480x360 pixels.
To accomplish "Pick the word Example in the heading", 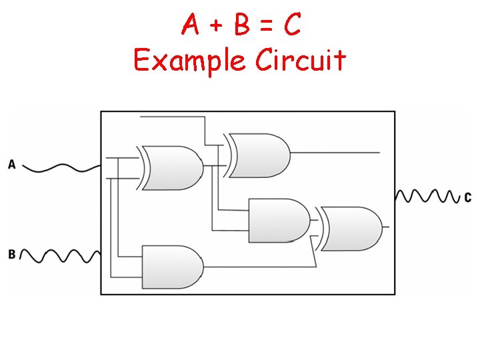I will [x=189, y=61].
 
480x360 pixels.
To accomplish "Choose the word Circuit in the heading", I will [x=301, y=60].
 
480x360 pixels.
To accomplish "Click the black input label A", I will [x=12, y=164].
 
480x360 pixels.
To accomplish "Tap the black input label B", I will [x=12, y=254].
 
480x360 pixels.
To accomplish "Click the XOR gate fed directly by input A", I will [x=172, y=167].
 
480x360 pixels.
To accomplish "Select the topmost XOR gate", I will [x=259, y=155].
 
